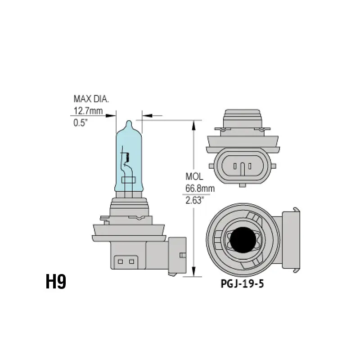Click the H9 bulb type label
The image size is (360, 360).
pyautogui.click(x=56, y=282)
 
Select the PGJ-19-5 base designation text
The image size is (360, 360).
pyautogui.click(x=242, y=284)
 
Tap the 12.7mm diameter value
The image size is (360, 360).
pyautogui.click(x=88, y=111)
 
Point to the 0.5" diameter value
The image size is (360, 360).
pyautogui.click(x=81, y=123)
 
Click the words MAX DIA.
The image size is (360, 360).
pyautogui.click(x=91, y=99)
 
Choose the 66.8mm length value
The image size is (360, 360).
pyautogui.click(x=200, y=189)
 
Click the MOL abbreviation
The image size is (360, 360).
pyautogui.click(x=194, y=176)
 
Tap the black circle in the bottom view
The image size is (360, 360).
pyautogui.click(x=243, y=240)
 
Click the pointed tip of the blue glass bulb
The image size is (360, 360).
pyautogui.click(x=129, y=121)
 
